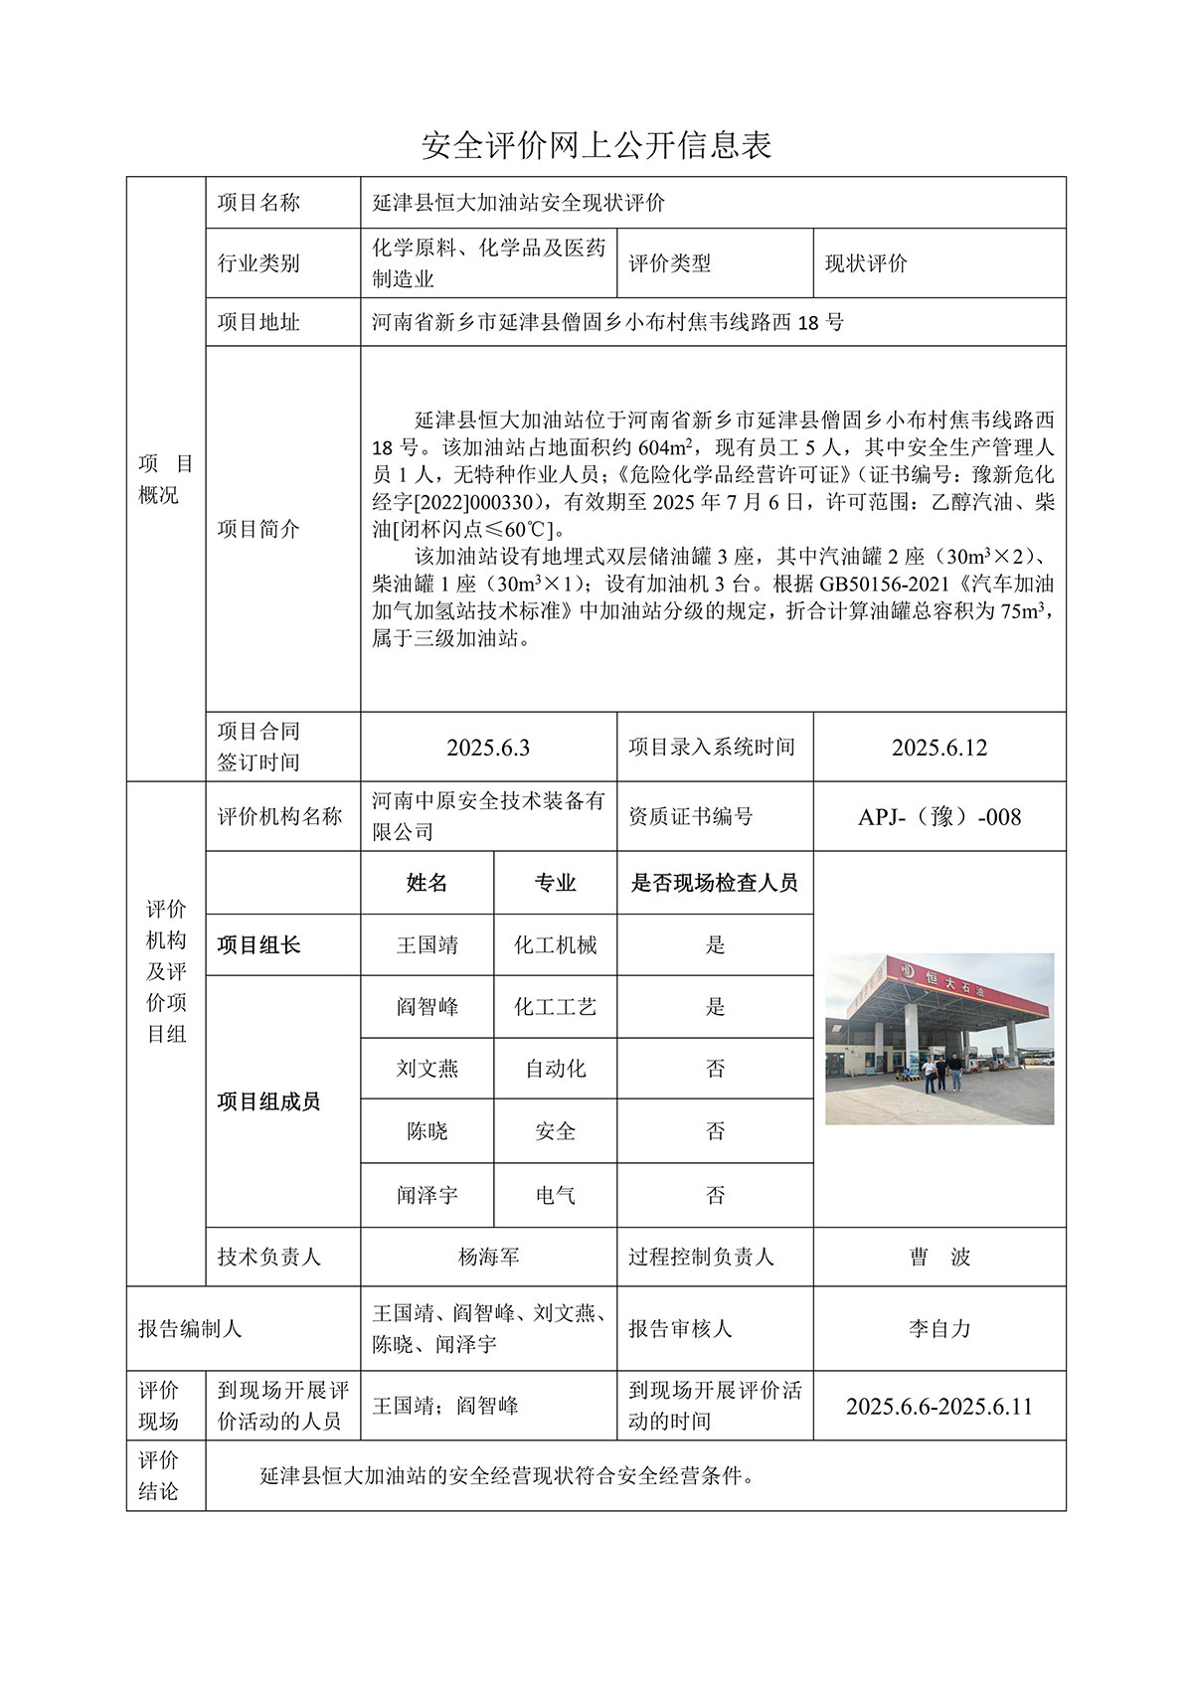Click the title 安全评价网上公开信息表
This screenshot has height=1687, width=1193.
point(596,146)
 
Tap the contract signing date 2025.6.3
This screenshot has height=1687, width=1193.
point(487,748)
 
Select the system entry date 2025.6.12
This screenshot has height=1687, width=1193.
point(938,748)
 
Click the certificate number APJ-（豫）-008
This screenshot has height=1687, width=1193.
point(938,817)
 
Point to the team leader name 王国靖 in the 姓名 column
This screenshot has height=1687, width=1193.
point(426,945)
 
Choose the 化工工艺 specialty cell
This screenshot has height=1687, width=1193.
point(555,1007)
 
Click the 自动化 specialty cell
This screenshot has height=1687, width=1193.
point(555,1069)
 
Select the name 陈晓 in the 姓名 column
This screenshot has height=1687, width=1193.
point(426,1131)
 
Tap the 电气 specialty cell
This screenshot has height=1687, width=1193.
point(555,1195)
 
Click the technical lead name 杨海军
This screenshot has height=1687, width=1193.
point(488,1258)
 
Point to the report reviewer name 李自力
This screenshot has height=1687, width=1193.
point(938,1329)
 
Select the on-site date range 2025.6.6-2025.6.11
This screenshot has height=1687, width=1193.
point(938,1407)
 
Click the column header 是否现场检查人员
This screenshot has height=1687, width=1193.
point(714,883)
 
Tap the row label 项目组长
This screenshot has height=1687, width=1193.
point(258,945)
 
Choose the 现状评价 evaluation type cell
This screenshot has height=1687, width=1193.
point(866,263)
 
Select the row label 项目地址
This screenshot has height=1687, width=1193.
point(258,322)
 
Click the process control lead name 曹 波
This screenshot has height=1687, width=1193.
point(938,1258)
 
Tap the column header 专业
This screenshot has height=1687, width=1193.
point(555,883)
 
